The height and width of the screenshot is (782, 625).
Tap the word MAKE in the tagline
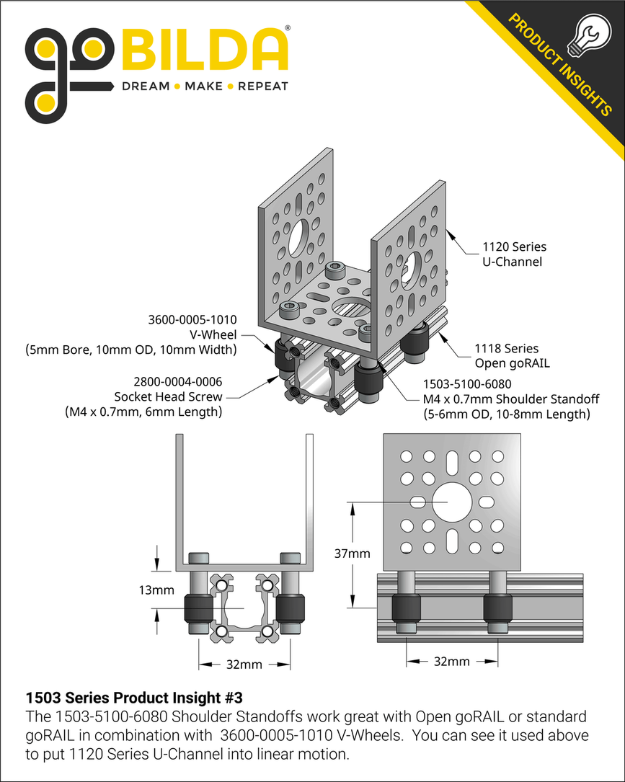[x=204, y=86]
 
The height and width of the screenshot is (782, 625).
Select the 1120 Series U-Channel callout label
[x=514, y=254]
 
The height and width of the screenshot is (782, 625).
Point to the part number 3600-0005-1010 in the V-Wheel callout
[x=192, y=319]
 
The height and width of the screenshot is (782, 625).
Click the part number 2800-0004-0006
[x=177, y=382]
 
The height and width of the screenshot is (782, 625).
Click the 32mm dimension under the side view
[x=452, y=661]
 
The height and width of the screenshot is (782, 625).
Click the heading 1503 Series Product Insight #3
[x=134, y=698]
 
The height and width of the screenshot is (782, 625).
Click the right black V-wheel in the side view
[x=497, y=610]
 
